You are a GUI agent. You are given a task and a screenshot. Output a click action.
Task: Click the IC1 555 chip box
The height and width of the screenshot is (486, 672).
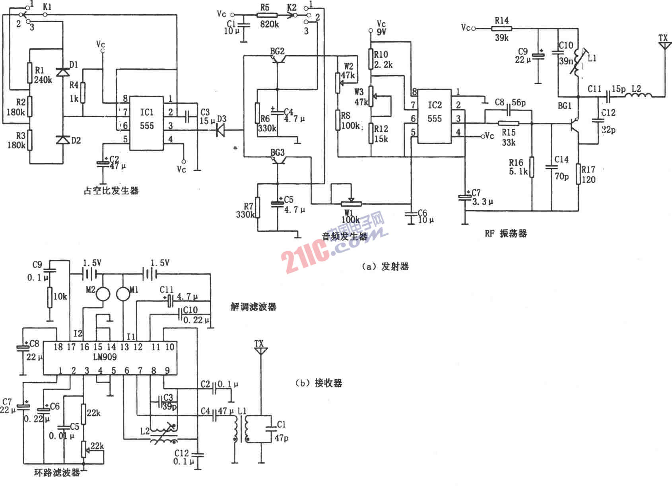pos(147,123)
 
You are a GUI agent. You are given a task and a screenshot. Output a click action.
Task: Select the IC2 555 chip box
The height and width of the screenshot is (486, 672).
pos(435,116)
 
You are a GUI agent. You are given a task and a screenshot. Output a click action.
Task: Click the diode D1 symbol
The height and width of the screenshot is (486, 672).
pos(63,72)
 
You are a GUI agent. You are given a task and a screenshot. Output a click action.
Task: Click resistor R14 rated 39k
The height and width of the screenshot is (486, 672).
pos(502,29)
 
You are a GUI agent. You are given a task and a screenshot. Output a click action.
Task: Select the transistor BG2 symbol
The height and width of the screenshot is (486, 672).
pos(277,59)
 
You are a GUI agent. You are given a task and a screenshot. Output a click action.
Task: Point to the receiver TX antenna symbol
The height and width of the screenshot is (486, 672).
pos(260,349)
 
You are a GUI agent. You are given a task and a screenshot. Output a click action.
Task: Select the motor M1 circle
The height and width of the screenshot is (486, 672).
pos(123,294)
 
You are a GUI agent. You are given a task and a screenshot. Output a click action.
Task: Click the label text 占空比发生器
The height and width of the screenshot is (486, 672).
pos(111,191)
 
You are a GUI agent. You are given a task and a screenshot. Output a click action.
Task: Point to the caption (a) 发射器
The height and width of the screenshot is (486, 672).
pos(385,267)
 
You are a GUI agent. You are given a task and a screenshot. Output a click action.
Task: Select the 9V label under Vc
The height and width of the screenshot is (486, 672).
pos(381,32)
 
